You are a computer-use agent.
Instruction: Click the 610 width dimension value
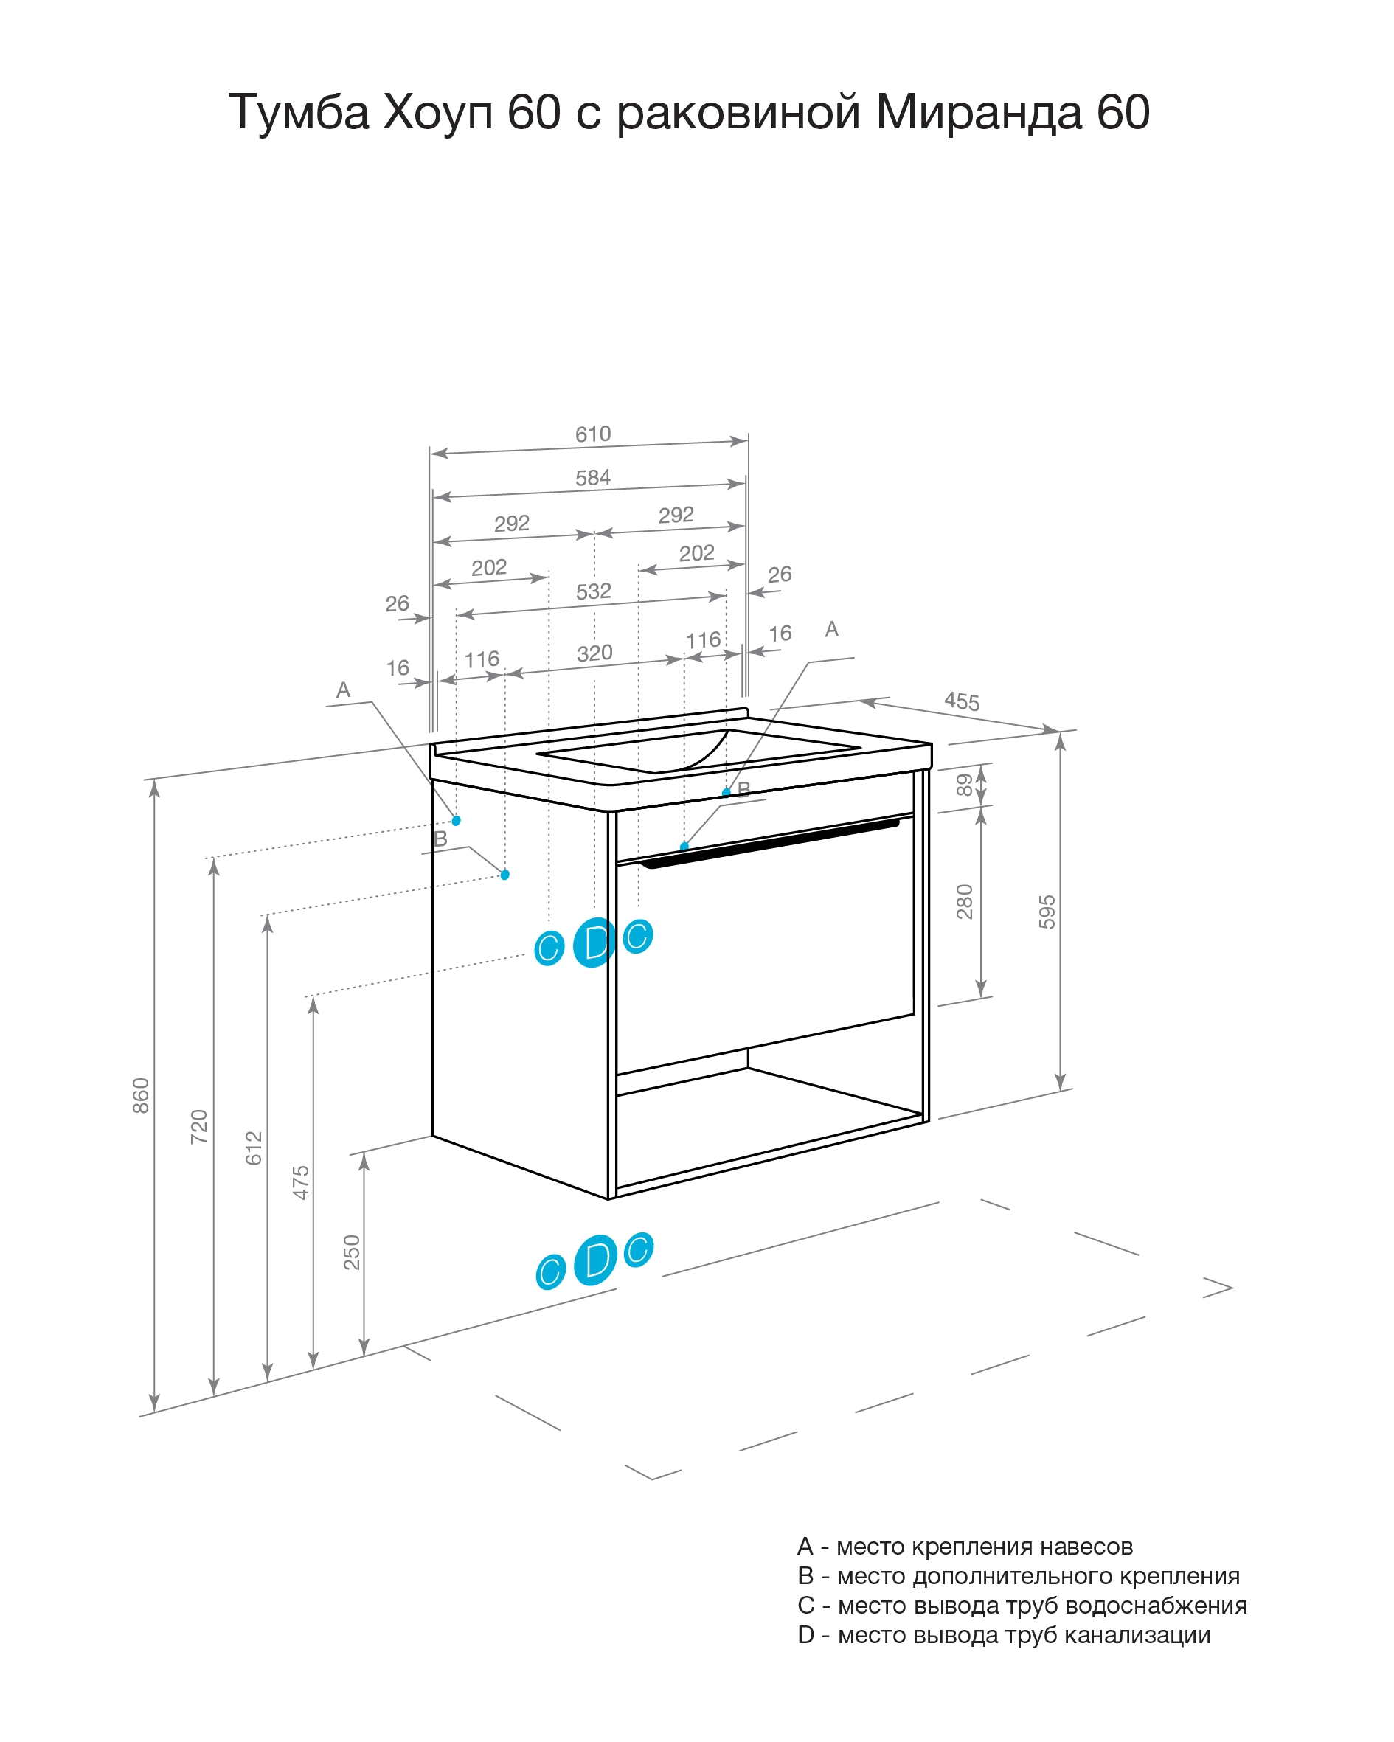click(592, 434)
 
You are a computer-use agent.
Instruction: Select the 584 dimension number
click(592, 477)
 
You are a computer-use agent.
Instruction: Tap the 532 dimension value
click(593, 591)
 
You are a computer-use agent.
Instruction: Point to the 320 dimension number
click(594, 653)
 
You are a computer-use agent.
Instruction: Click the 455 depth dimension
click(962, 701)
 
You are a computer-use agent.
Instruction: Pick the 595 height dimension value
click(1047, 912)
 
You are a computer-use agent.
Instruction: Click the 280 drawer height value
click(964, 901)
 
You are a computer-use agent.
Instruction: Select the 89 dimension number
click(964, 785)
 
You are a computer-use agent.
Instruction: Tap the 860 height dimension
click(141, 1096)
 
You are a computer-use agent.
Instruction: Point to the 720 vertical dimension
click(199, 1126)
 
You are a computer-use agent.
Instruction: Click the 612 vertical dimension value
click(254, 1148)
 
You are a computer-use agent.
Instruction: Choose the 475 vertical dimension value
click(301, 1182)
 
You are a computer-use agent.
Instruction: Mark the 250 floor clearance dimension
click(352, 1252)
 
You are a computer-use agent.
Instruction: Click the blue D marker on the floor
click(594, 1260)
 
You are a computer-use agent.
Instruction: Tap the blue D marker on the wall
click(594, 942)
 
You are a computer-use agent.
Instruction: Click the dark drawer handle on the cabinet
click(768, 843)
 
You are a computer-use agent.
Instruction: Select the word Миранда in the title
click(979, 112)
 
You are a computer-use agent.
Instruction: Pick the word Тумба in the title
click(299, 112)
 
